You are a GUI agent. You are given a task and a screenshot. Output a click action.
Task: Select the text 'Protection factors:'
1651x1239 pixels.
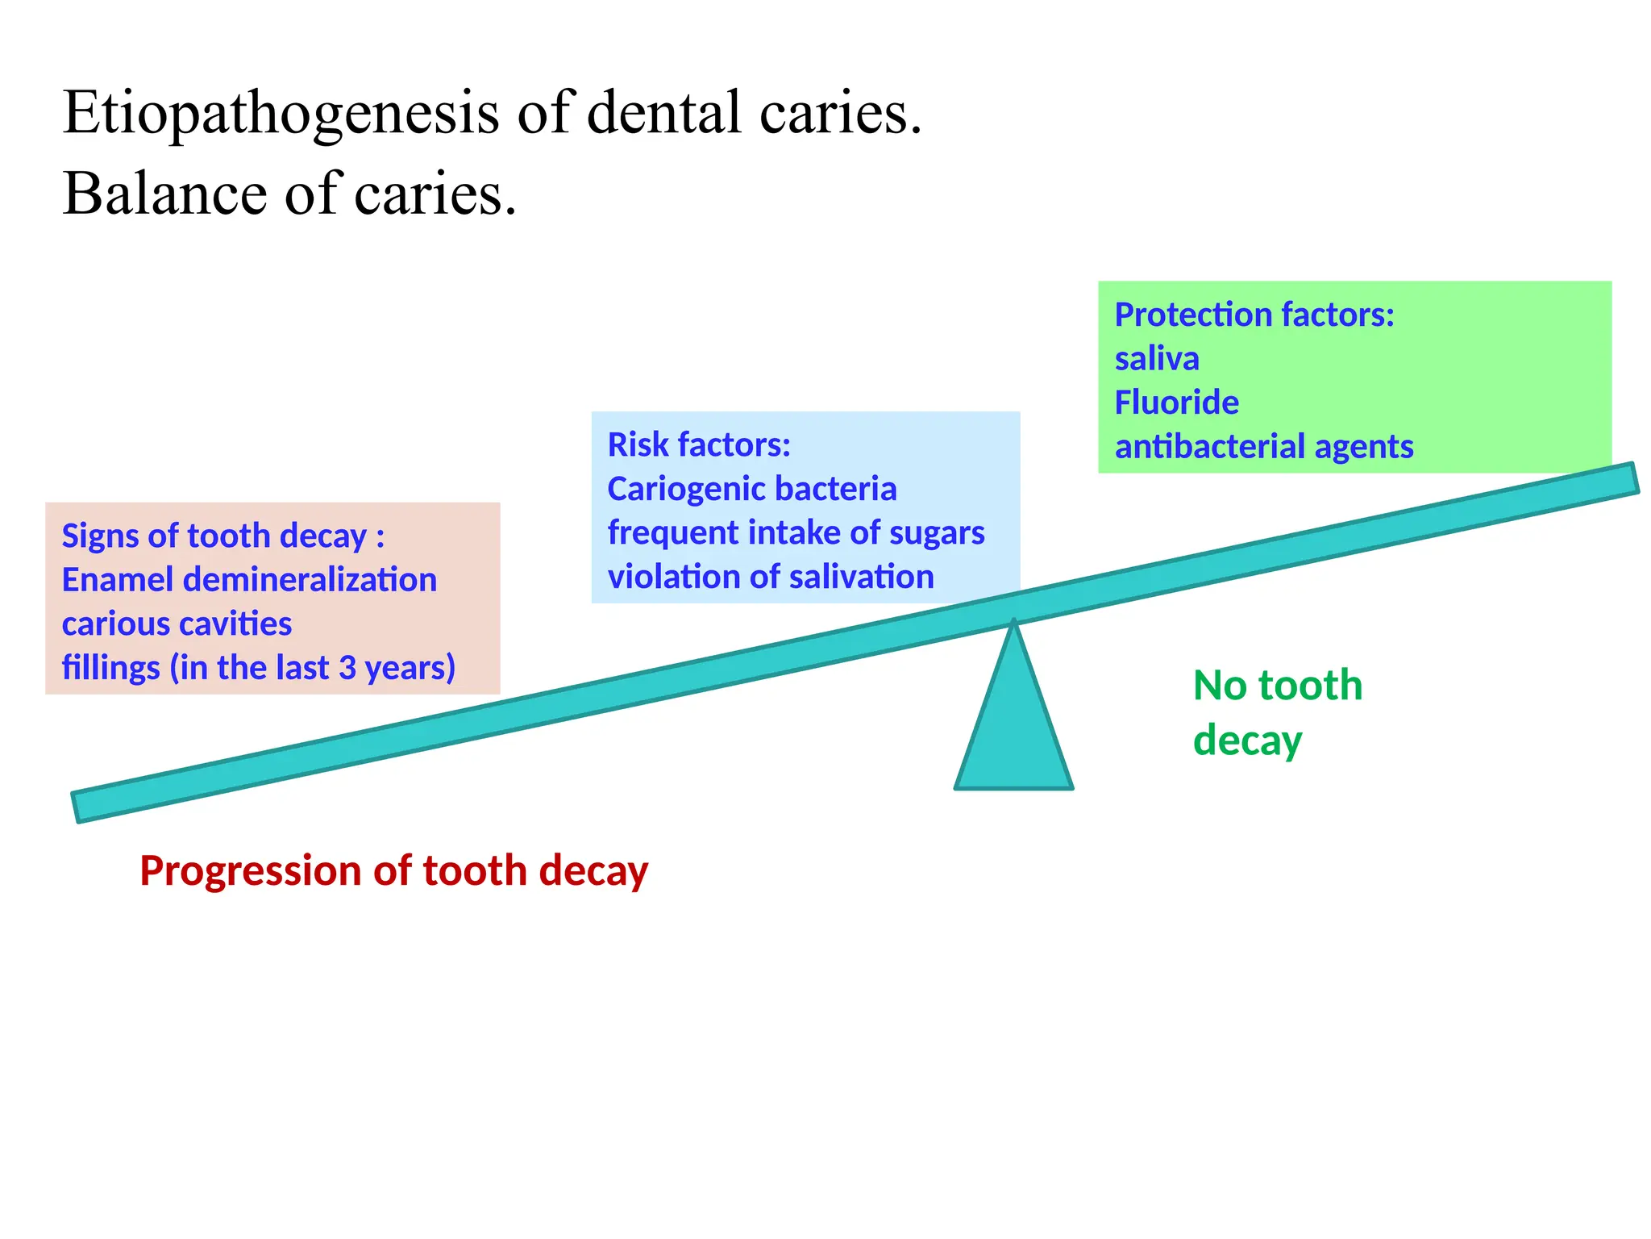[x=1254, y=315]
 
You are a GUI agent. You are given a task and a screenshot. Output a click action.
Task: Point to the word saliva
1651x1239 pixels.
[x=1156, y=359]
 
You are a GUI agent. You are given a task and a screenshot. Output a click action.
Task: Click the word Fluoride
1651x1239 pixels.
[x=1176, y=403]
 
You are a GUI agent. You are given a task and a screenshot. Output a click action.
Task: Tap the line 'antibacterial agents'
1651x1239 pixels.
[x=1263, y=447]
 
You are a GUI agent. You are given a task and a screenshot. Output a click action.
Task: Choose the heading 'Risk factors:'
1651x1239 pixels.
[x=698, y=444]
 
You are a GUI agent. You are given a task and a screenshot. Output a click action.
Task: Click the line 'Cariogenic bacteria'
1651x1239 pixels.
[x=751, y=489]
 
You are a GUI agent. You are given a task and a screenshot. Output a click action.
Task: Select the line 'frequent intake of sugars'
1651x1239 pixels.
[x=796, y=533]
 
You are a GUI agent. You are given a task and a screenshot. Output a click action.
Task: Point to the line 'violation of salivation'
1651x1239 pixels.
[x=770, y=578]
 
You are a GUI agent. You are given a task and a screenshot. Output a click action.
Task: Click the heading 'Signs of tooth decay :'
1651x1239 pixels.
[x=222, y=536]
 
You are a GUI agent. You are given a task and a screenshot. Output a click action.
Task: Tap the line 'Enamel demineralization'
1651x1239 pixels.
[x=248, y=580]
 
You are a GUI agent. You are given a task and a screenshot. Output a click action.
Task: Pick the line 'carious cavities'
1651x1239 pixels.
[x=177, y=624]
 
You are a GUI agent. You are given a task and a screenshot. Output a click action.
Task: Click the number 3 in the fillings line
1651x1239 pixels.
[x=347, y=668]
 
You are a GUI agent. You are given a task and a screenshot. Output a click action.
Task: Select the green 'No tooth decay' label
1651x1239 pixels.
[x=1276, y=712]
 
